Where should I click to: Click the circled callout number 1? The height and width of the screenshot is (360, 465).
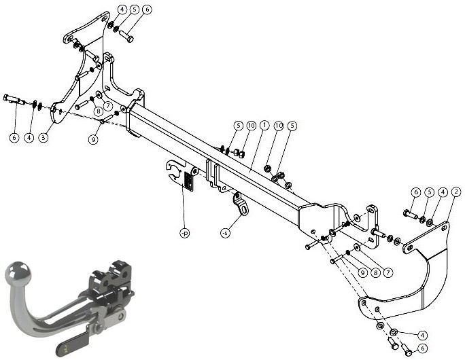pyautogui.click(x=264, y=126)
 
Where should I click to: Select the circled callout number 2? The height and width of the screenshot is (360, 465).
pyautogui.click(x=456, y=192)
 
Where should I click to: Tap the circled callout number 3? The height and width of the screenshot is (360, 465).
pyautogui.click(x=44, y=137)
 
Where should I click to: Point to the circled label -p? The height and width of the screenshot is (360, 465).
pyautogui.click(x=185, y=233)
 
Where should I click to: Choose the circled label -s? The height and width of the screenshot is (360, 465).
pyautogui.click(x=226, y=233)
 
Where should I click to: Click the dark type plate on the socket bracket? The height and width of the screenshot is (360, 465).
pyautogui.click(x=188, y=181)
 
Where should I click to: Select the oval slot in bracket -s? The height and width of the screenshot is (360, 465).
pyautogui.click(x=244, y=210)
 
